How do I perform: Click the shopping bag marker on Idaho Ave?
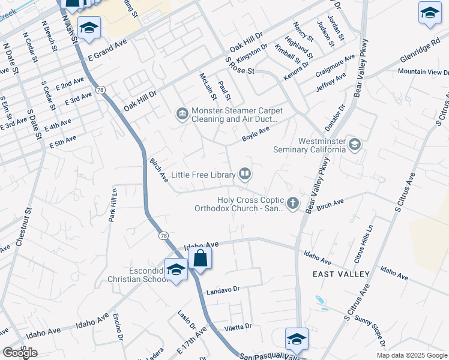(200, 259)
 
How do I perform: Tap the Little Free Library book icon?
(245, 175)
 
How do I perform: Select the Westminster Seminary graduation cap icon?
(355, 144)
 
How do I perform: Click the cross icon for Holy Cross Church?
(293, 203)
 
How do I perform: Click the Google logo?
(20, 353)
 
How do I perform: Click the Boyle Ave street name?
(256, 133)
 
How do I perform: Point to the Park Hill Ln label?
(112, 204)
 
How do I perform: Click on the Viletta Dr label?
(238, 327)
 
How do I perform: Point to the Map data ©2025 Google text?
(411, 355)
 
